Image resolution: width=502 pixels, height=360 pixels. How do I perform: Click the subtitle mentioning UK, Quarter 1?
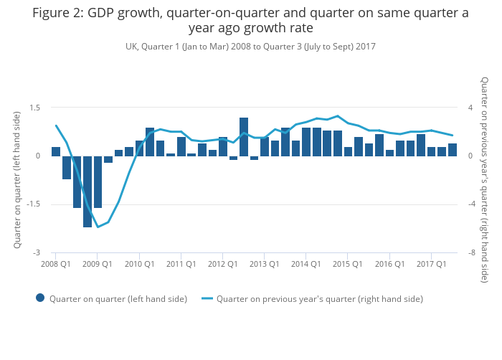click(250, 47)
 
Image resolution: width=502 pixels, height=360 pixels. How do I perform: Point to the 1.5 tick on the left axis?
click(34, 108)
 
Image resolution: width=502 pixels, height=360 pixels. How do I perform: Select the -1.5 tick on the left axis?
click(33, 204)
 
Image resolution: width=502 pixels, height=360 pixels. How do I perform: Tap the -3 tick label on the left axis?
click(37, 252)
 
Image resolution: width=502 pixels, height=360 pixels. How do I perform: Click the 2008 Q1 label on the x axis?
click(55, 264)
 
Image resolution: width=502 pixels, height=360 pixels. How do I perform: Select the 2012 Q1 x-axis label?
click(222, 264)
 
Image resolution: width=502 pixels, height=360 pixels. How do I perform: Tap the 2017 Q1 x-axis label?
click(431, 264)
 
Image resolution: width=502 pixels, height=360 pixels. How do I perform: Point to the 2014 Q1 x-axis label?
click(306, 264)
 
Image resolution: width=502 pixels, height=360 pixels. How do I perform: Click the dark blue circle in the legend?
click(40, 298)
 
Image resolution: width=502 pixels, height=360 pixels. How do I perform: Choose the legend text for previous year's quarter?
click(319, 298)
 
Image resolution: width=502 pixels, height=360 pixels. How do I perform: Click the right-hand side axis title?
click(485, 180)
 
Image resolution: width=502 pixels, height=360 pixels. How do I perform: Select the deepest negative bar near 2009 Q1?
click(87, 191)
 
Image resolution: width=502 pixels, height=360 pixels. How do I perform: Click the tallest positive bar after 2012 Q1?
click(244, 137)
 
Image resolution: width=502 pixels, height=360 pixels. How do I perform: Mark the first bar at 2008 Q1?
click(56, 151)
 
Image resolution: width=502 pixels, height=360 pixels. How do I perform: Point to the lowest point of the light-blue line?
click(98, 227)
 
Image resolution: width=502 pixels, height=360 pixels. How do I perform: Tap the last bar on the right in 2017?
click(453, 150)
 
